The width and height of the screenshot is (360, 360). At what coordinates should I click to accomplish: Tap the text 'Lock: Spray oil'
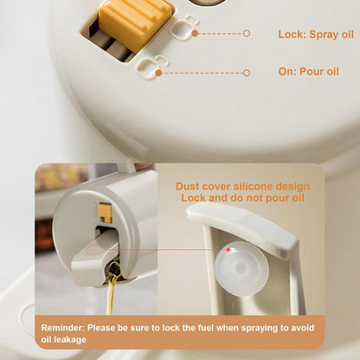click(316, 35)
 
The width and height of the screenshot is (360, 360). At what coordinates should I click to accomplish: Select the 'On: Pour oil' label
click(308, 71)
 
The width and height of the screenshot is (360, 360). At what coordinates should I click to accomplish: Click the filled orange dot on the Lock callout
click(195, 33)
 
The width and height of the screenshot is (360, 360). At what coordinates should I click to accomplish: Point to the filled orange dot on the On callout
click(158, 73)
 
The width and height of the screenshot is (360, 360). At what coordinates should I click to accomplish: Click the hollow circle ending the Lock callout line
click(246, 33)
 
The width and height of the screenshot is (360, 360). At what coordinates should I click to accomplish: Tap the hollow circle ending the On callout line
click(247, 73)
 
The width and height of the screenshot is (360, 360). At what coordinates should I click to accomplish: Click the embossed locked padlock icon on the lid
click(185, 27)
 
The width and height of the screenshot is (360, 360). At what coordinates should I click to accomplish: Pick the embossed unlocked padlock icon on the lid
click(151, 66)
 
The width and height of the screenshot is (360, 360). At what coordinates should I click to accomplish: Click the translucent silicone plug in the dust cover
click(241, 268)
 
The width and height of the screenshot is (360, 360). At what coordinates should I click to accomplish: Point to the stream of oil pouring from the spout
click(112, 288)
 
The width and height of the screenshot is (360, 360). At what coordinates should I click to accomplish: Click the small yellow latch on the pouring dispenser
click(105, 213)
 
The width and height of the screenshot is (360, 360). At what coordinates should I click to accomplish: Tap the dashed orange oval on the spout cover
click(96, 250)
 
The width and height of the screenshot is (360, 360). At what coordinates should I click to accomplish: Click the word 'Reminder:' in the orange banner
click(62, 328)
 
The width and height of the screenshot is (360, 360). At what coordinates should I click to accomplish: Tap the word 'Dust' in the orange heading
click(188, 186)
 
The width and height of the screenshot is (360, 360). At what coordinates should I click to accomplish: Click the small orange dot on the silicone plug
click(228, 249)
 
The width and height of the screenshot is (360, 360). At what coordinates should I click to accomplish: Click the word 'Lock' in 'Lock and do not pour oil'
click(193, 198)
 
